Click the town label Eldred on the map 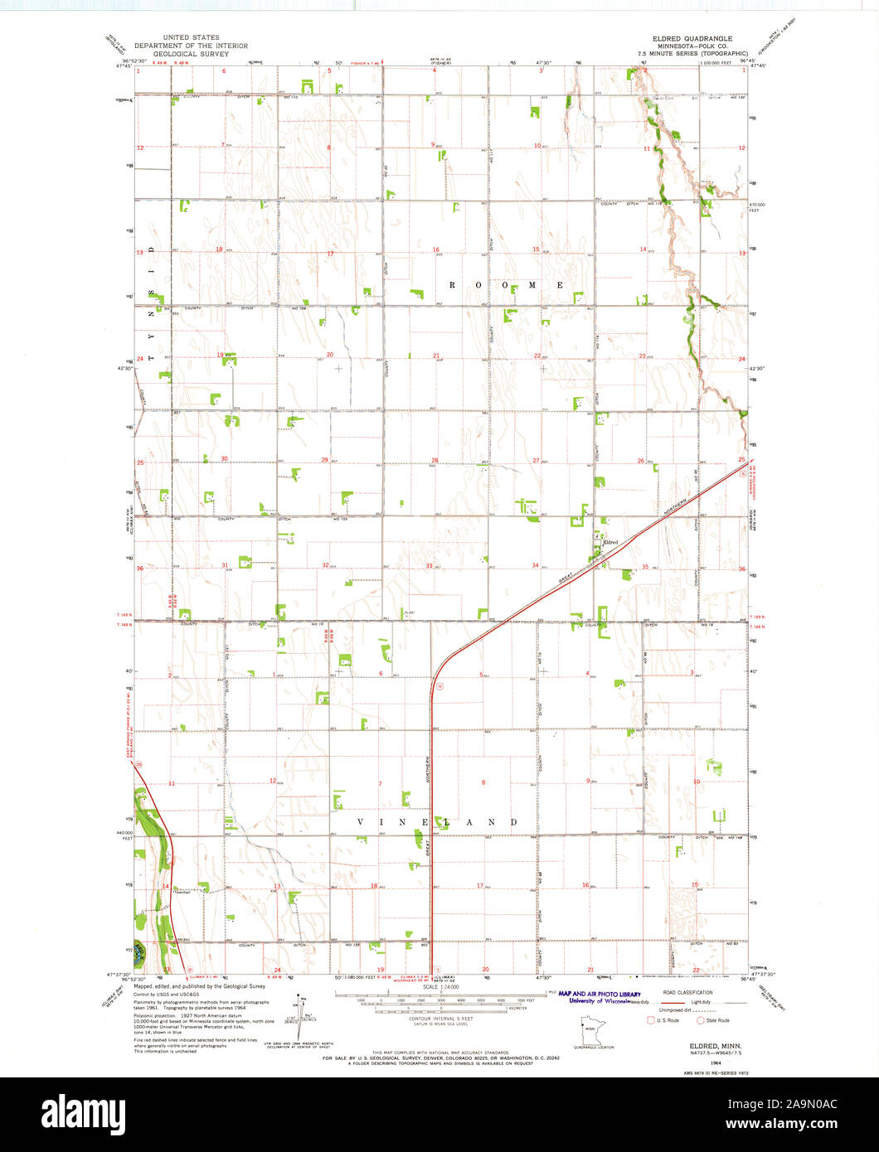611,542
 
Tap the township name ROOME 507,284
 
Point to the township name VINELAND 437,822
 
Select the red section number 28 434,460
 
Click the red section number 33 429,565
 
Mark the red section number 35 644,566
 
